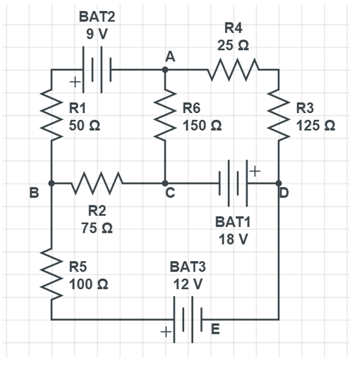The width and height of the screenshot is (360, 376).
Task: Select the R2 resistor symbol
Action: [x=98, y=182]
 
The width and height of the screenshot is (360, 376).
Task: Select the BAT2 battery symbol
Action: [x=97, y=70]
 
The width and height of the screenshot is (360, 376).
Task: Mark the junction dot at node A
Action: [x=165, y=70]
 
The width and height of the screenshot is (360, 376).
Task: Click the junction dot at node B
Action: [x=51, y=183]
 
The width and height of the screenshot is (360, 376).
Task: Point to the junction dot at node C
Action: [x=165, y=183]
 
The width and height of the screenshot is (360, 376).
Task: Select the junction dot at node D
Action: [x=279, y=183]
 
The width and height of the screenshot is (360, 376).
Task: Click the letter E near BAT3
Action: [x=215, y=330]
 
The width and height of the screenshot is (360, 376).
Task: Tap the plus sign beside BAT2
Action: [x=75, y=81]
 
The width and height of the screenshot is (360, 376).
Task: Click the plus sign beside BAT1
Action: [x=255, y=171]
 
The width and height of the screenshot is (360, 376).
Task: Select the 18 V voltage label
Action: [x=233, y=239]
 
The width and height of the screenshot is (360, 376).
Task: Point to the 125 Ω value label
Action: [x=316, y=126]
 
